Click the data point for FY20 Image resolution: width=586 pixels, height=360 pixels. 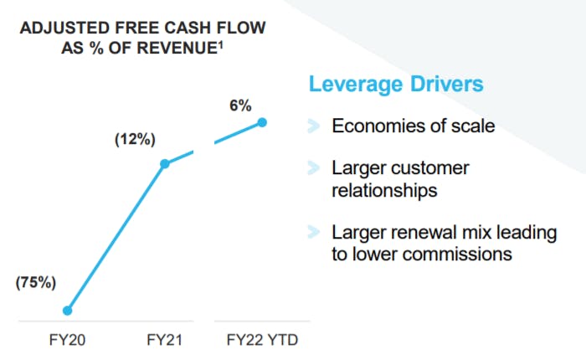pos(67,311)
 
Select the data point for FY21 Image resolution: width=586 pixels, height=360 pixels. pos(165,164)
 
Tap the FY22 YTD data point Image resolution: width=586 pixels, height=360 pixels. pos(262,122)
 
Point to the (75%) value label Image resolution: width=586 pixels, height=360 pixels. pos(36,282)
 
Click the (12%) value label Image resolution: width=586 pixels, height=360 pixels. pos(135,139)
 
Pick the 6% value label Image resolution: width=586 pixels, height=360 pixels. pos(240,105)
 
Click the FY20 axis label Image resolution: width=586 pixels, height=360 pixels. pos(67,340)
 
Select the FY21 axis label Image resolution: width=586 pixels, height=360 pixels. pos(164,340)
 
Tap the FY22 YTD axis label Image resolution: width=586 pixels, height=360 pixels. pos(262,340)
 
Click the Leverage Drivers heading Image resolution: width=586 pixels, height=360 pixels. pos(396,84)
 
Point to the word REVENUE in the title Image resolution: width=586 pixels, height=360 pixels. pos(177,48)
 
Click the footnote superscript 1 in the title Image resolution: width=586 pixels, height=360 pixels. pos(221,44)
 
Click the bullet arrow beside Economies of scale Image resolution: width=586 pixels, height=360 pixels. pos(314,126)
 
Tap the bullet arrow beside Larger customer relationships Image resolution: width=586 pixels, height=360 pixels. pos(314,167)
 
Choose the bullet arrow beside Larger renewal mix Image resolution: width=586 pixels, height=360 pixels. pos(314,232)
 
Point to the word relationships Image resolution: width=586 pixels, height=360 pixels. pos(384,190)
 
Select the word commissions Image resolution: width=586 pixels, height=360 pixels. pos(457,255)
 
